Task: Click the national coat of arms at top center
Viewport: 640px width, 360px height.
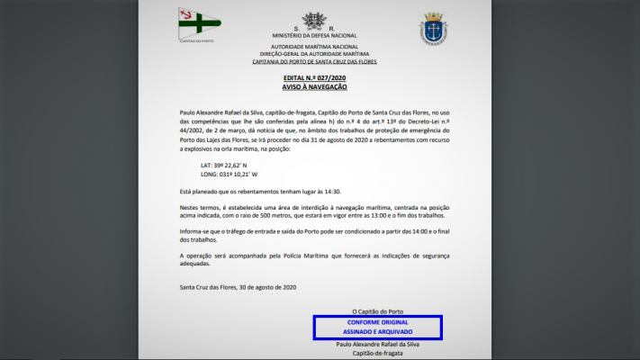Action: [x=314, y=21]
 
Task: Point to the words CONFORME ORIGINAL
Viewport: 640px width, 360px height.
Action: [x=377, y=322]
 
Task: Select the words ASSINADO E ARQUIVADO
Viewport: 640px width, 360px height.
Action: [x=377, y=332]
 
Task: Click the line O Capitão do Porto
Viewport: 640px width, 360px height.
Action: [x=377, y=311]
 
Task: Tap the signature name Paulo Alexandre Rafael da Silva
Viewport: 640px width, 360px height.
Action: [x=377, y=344]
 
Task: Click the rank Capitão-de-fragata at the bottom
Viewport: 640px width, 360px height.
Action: [x=377, y=353]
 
